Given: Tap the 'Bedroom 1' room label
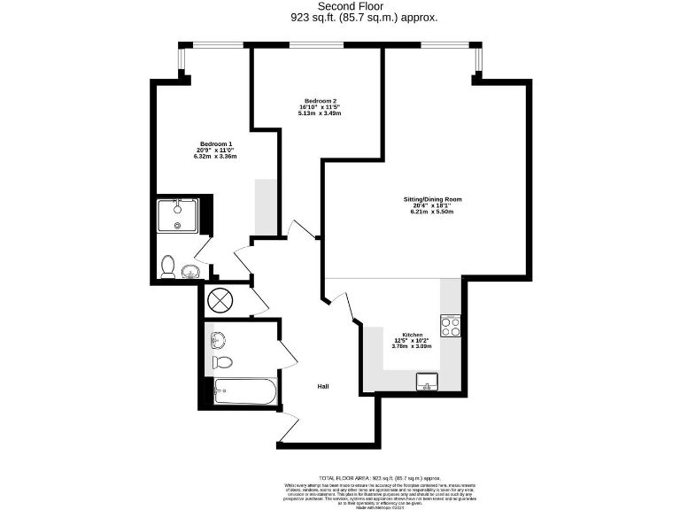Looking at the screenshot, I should point(216,144).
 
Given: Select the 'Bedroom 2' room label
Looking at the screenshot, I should point(319,101).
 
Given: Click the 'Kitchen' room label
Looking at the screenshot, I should point(413,335).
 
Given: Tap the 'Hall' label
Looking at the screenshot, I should point(325,387).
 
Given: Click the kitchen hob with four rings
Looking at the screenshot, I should point(450,326).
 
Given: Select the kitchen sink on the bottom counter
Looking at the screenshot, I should point(429,382).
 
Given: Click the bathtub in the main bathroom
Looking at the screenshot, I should point(244,391).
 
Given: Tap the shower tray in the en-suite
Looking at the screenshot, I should point(177,215).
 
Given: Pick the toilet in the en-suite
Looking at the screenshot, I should point(167,266).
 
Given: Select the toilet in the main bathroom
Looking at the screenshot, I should point(224,361).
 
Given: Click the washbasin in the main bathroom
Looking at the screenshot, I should point(218,338).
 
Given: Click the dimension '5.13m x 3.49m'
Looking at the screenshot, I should point(319,113).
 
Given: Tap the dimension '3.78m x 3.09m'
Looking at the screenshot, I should point(413,346).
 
